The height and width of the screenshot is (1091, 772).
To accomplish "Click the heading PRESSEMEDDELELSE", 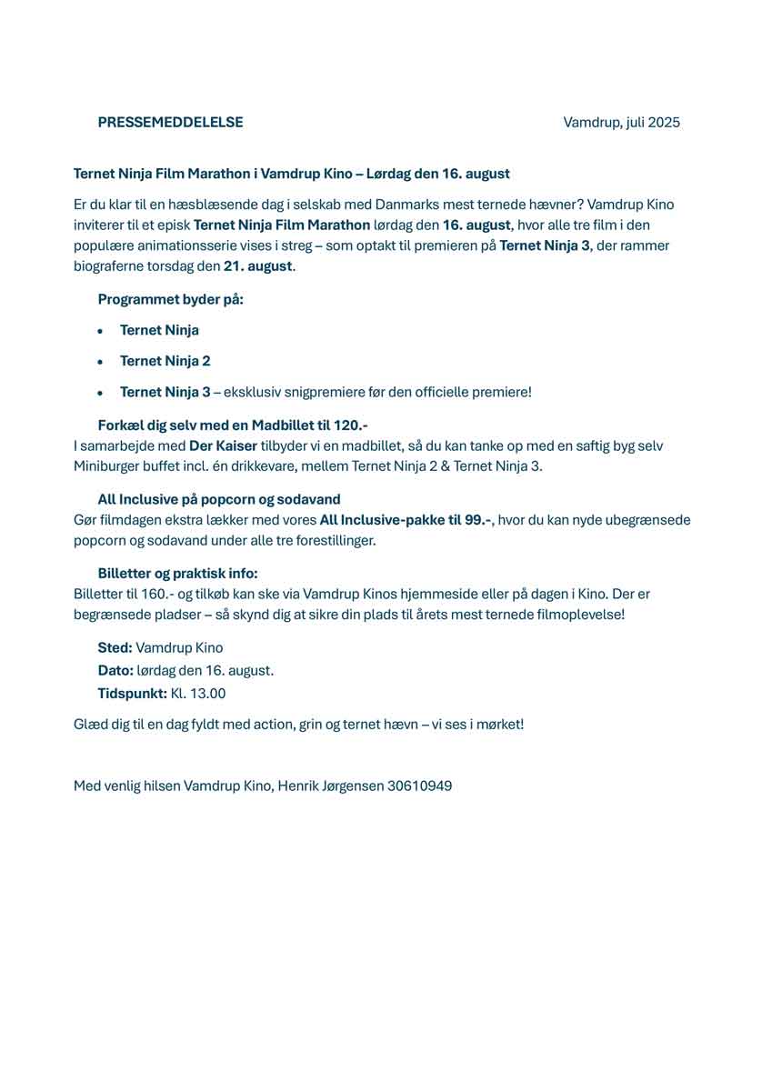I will [x=170, y=123].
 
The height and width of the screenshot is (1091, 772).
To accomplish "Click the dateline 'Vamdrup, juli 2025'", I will [x=621, y=123].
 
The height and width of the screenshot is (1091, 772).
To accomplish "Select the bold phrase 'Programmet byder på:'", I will [x=170, y=299].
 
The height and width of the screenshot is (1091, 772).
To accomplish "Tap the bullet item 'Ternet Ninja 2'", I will [x=165, y=361].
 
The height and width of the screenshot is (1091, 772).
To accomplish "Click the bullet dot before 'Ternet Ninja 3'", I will [x=100, y=393].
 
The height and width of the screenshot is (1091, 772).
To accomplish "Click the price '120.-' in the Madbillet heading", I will [x=350, y=425].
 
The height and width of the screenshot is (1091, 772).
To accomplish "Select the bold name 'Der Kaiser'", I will [x=223, y=445].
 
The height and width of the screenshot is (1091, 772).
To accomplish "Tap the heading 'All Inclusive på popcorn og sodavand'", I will [x=219, y=499].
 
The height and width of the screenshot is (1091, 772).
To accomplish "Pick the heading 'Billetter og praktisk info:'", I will [x=177, y=573].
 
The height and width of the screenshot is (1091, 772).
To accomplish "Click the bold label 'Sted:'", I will [x=115, y=648].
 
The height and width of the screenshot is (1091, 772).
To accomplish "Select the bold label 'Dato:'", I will [x=115, y=671].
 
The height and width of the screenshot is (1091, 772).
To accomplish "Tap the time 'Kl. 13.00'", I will [x=197, y=694].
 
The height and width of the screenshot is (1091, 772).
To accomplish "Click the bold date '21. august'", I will [x=257, y=266].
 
